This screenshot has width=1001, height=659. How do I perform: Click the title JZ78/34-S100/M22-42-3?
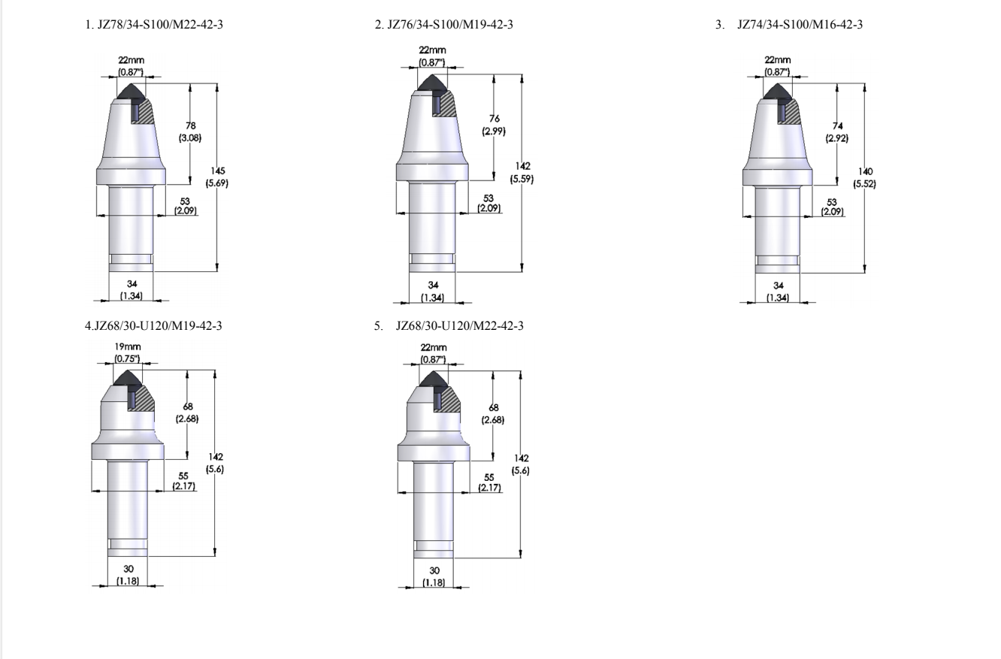(160, 25)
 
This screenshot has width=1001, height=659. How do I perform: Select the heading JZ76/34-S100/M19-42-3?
(450, 25)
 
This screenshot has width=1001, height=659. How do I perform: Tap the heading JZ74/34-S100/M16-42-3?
(800, 25)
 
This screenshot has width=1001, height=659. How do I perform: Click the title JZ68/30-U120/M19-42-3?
(158, 325)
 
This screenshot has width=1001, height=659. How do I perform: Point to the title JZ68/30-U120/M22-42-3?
(460, 325)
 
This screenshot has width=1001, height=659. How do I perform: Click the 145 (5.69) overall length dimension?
(216, 177)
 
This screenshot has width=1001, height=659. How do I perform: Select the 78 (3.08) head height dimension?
(190, 131)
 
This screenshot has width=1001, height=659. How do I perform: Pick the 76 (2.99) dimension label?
(494, 125)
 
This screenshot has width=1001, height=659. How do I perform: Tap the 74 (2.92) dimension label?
(837, 132)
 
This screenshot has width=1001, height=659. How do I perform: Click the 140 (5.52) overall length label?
(865, 178)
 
